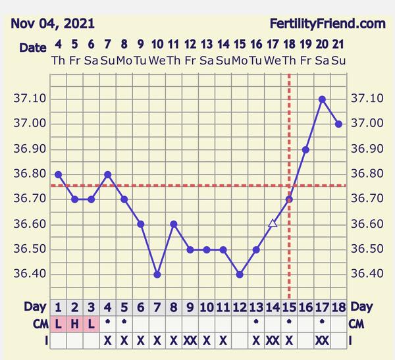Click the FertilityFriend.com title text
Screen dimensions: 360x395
[x=327, y=24]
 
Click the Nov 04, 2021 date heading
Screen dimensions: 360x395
[x=53, y=24]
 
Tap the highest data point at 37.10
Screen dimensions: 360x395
[x=322, y=99]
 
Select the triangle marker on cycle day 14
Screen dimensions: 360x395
[x=273, y=224]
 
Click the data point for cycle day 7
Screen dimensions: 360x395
[x=157, y=274]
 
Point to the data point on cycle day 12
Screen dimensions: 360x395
[x=240, y=274]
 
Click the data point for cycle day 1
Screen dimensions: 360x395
[x=59, y=174]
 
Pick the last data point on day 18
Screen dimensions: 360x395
[x=338, y=124]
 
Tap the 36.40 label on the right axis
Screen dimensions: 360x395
[x=367, y=274]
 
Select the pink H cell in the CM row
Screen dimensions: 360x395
[x=74, y=324]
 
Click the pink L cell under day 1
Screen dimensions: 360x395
[x=59, y=324]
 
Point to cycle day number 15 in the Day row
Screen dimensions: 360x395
[x=289, y=307]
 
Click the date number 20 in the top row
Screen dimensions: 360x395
[x=322, y=45]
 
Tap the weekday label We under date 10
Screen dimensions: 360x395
[x=157, y=60]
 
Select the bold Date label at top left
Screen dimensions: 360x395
[x=32, y=47]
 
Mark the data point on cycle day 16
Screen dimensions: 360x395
[x=305, y=149]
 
